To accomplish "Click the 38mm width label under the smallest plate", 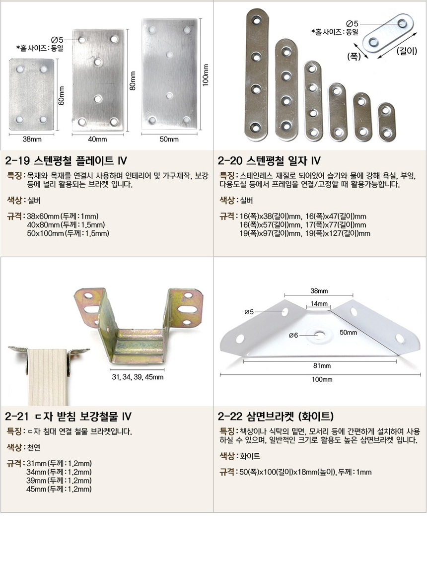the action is point(32,139).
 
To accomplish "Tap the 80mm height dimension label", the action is point(133,81).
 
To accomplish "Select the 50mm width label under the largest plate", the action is point(169,139).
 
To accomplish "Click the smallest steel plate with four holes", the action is point(32,94).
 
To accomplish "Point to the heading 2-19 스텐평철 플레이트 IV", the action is point(66,160).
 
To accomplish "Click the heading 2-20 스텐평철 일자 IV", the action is point(269,160).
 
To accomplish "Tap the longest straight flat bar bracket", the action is point(257,74).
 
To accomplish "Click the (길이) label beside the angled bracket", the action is point(407,51).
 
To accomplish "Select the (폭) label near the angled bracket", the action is point(354,57).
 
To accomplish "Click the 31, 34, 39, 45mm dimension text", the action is point(138,377).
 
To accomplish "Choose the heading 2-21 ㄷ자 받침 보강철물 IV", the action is point(69,417).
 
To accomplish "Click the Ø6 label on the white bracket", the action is point(293,335).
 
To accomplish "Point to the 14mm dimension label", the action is point(319,303).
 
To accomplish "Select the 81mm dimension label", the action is point(322,366).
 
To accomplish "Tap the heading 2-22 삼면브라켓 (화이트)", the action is point(276,417).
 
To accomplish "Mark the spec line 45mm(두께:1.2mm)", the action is point(59,489).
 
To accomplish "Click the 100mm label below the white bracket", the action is point(322,379).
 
